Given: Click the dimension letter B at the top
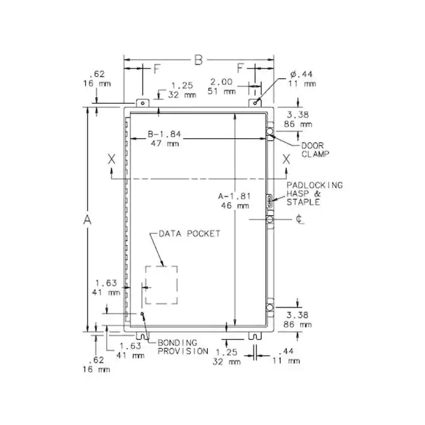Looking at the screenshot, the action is [x=199, y=60].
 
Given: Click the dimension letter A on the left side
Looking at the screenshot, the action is [x=87, y=220].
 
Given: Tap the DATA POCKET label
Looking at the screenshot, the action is [x=189, y=234].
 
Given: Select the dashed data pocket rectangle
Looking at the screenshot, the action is [x=161, y=285].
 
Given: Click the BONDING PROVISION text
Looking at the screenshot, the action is [x=183, y=347].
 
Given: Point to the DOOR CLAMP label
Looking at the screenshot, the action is [x=315, y=150].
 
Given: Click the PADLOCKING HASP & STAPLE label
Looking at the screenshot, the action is [x=315, y=193].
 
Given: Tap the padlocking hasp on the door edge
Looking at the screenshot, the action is [x=270, y=201].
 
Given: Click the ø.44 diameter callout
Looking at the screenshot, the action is [x=301, y=78].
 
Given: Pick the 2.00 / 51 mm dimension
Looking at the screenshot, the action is [x=221, y=86].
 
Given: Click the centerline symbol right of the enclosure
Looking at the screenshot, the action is [x=299, y=219].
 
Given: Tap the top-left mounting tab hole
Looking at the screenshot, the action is [x=143, y=104].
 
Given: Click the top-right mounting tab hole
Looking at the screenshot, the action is [x=255, y=104].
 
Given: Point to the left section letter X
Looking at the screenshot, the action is [x=112, y=159].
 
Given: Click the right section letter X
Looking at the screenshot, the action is [x=286, y=159].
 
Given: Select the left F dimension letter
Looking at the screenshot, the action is [x=157, y=69].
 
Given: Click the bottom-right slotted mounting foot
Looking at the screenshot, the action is [x=255, y=335].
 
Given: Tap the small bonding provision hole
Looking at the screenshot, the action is [x=142, y=313].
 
